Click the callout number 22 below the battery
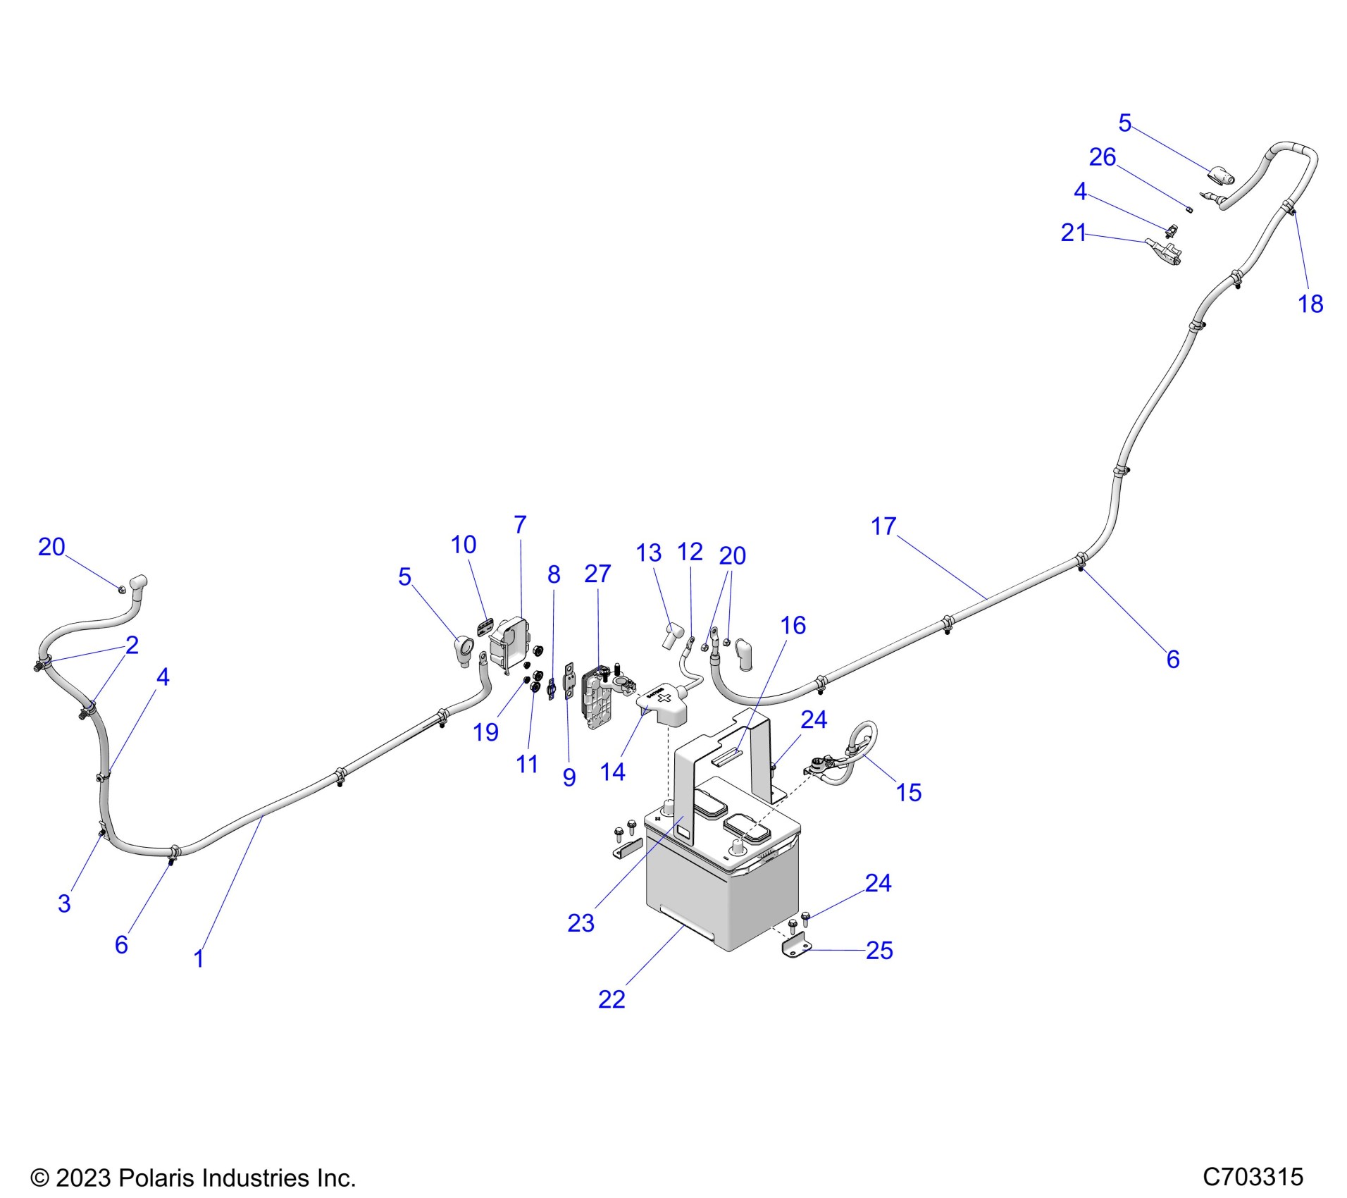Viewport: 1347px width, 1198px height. [611, 999]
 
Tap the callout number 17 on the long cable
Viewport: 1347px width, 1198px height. [883, 526]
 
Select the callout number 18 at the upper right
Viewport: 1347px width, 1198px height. [1310, 304]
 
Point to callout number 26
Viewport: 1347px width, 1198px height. [1102, 157]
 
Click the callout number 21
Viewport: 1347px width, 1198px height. [1073, 233]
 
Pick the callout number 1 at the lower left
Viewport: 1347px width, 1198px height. [199, 958]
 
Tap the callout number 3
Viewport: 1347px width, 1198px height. [64, 903]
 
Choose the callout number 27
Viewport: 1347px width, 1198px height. [597, 574]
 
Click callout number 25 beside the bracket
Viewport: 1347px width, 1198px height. [879, 951]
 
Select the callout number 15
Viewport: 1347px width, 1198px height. [908, 792]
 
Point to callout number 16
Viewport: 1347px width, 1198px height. [793, 625]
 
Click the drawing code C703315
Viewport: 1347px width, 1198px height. [1253, 1177]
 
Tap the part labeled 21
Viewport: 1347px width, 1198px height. [1166, 251]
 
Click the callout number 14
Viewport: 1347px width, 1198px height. [612, 772]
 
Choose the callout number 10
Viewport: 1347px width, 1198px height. [463, 544]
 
